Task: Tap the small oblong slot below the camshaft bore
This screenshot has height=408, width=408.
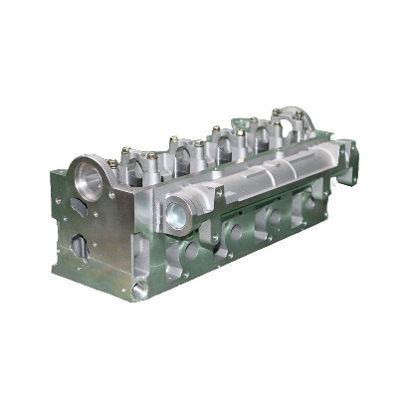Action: coord(80,206)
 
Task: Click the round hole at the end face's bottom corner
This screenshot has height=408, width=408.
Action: coord(138,291)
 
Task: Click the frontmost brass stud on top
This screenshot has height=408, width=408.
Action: coord(111,163)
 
